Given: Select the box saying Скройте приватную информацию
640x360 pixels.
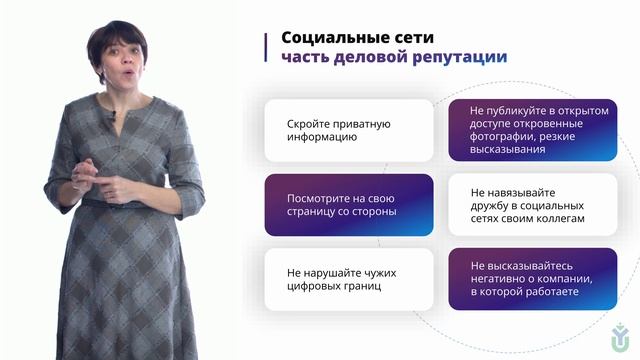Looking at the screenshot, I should click(x=348, y=131).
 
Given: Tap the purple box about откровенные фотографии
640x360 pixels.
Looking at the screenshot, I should click(x=532, y=130).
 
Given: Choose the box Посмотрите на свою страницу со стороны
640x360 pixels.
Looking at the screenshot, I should click(x=348, y=205).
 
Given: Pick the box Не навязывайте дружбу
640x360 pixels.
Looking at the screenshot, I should click(x=532, y=205).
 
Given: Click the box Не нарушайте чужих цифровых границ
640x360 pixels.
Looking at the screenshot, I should click(x=348, y=279).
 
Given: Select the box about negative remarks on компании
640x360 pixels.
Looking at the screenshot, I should click(x=532, y=279).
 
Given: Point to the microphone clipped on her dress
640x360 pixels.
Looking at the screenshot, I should click(x=113, y=118).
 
